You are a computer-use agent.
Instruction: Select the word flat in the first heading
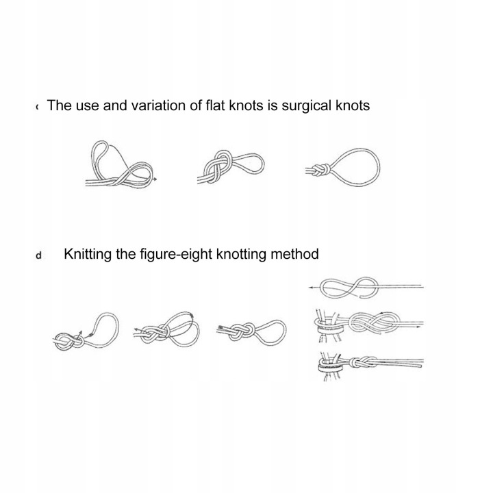click(216, 105)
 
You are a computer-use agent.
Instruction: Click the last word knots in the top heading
click(353, 105)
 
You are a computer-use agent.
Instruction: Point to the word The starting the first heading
click(59, 105)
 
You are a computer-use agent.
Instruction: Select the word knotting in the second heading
click(242, 255)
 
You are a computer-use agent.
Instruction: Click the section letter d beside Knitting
click(38, 255)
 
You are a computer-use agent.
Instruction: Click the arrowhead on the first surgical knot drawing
click(155, 179)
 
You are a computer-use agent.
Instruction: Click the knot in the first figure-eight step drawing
click(68, 342)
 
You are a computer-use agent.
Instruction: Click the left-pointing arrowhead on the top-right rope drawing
click(311, 288)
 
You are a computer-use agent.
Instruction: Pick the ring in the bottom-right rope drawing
click(331, 366)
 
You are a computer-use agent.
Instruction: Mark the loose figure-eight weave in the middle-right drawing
click(374, 323)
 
